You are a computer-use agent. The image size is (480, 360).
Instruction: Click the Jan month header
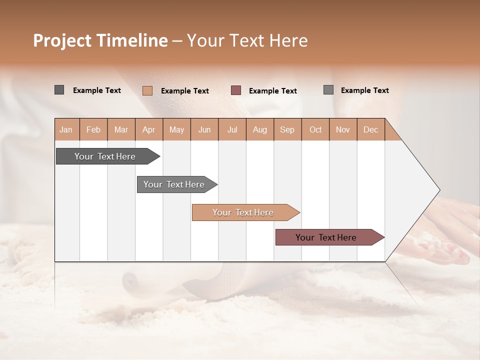[66, 129]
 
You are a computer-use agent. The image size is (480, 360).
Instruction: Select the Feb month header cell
[93, 129]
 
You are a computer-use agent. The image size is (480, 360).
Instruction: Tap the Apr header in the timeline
[149, 129]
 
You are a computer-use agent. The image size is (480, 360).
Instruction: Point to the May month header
[176, 129]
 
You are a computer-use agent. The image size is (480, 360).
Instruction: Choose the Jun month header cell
[204, 129]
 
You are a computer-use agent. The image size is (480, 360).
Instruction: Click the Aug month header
[260, 129]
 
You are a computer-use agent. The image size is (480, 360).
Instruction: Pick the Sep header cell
[287, 129]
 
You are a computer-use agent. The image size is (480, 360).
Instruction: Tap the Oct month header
[315, 129]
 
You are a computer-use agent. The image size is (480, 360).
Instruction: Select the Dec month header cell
[371, 129]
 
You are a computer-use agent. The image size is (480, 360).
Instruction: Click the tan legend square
[147, 90]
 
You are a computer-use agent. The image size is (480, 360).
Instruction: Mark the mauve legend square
[236, 90]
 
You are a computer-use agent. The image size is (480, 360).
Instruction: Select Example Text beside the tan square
[185, 91]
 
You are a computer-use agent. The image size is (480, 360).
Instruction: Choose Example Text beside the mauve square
[273, 91]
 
